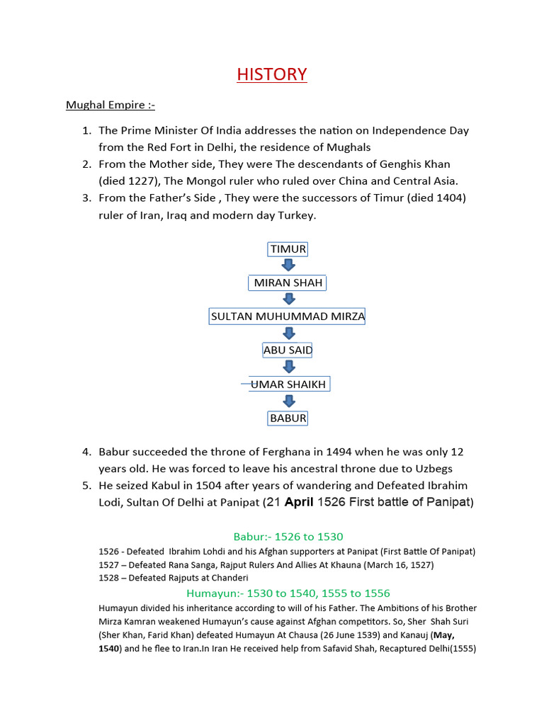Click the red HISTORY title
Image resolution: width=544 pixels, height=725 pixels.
[272, 74]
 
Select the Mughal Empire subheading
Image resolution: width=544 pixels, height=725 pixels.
[110, 105]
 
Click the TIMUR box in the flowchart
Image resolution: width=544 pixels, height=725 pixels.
[287, 249]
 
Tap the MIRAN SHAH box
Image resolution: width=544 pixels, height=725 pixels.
[288, 282]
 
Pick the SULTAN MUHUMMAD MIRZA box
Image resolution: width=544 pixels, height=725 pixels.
[288, 316]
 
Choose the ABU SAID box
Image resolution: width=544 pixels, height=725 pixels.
[288, 350]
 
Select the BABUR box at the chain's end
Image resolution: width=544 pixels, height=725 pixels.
[288, 418]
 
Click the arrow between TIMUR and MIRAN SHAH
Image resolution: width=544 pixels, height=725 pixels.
[288, 266]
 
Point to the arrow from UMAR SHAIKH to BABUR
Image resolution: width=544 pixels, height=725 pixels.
[288, 401]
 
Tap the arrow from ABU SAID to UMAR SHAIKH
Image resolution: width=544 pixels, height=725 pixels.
[288, 367]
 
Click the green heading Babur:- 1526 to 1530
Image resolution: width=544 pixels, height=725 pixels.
[288, 537]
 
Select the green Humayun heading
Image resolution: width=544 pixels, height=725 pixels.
[288, 593]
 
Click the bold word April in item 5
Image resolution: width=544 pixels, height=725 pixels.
[298, 503]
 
